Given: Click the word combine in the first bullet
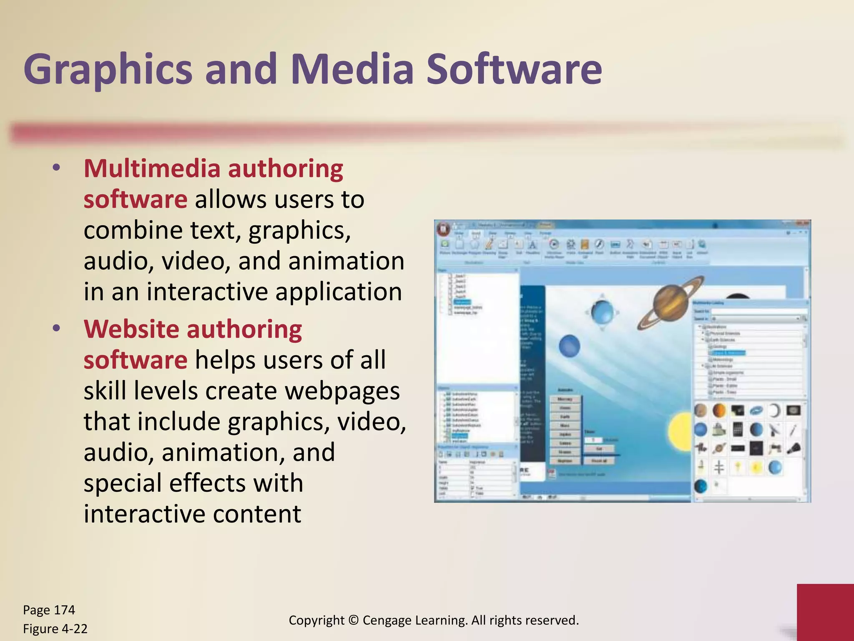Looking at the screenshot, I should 133,230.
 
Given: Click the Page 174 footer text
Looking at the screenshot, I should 49,610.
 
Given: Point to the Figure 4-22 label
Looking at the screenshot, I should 55,628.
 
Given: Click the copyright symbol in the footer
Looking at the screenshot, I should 353,620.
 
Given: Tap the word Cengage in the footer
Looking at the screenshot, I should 388,620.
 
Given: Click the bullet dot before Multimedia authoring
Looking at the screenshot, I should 56,168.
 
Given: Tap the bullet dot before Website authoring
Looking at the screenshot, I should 56,328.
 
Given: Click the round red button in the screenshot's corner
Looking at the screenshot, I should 443,228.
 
